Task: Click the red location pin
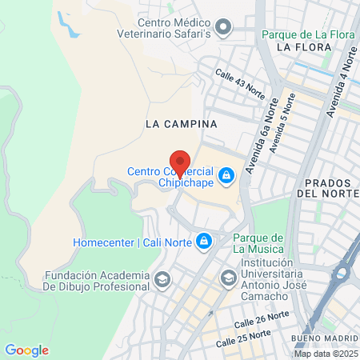coord(180,162)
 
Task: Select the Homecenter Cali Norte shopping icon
coord(205,240)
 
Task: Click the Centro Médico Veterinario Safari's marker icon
coord(225,30)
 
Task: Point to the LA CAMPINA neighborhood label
coord(182,125)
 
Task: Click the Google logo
coord(26,350)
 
